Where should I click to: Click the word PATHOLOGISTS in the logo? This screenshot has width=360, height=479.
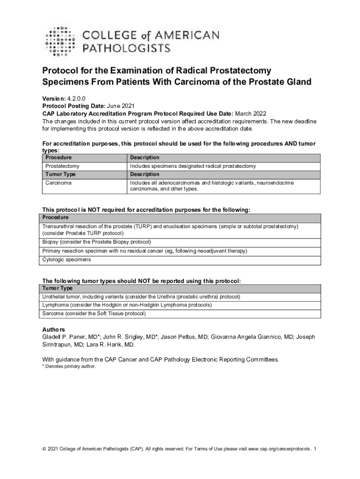tap(126, 48)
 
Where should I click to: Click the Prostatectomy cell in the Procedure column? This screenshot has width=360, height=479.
tap(62, 166)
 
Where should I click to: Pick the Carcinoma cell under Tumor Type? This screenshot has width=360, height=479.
tap(58, 183)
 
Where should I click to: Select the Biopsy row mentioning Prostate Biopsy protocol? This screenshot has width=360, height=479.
tap(97, 242)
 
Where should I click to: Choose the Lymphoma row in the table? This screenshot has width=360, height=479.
tap(127, 305)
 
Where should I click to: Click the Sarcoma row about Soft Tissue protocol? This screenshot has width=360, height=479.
tap(94, 313)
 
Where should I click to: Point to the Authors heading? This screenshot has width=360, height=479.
tap(54, 330)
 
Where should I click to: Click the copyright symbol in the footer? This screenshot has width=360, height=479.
tap(44, 450)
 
